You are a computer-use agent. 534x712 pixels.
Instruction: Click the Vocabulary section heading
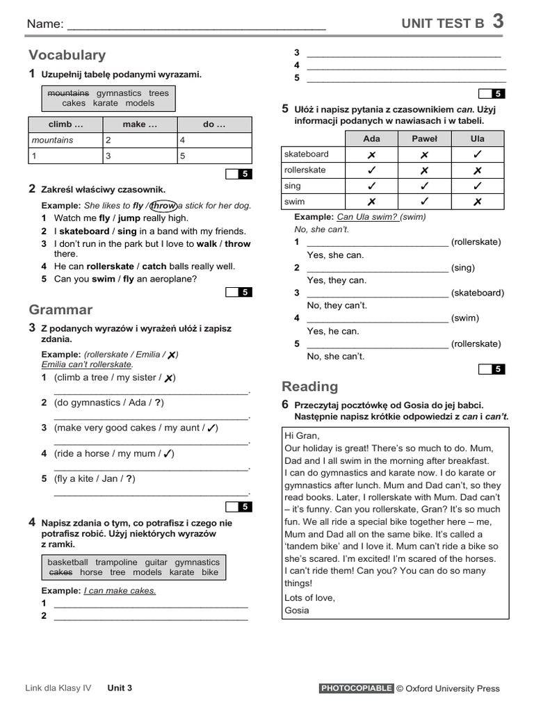coord(67,55)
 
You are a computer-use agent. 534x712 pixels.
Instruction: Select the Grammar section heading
coord(60,309)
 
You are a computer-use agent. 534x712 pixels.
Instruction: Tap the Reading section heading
coord(309,387)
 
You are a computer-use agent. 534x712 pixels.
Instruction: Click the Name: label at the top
coord(44,24)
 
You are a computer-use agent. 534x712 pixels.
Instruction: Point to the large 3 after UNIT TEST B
coord(498,22)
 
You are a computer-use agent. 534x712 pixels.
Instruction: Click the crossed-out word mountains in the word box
coord(68,93)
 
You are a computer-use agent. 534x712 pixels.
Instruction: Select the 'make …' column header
coord(140,124)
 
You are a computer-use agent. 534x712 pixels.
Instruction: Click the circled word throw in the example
coord(163,206)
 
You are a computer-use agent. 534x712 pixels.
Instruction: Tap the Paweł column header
coord(424,138)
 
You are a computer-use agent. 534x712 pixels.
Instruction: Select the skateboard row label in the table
coord(307,154)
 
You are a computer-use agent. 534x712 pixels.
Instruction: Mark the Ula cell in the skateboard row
coord(477,154)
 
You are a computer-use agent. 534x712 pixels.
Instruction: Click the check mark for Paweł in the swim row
coord(424,202)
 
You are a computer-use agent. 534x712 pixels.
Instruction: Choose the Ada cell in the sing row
coord(371,186)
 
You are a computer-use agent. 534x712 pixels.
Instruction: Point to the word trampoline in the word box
coord(116,562)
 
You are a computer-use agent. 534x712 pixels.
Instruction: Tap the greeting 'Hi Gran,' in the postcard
coord(302,435)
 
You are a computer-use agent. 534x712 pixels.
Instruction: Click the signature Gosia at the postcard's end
coord(297,610)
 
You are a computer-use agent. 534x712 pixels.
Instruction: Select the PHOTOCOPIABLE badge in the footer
coord(357,688)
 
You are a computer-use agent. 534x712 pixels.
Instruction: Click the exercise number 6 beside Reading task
coord(285,405)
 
